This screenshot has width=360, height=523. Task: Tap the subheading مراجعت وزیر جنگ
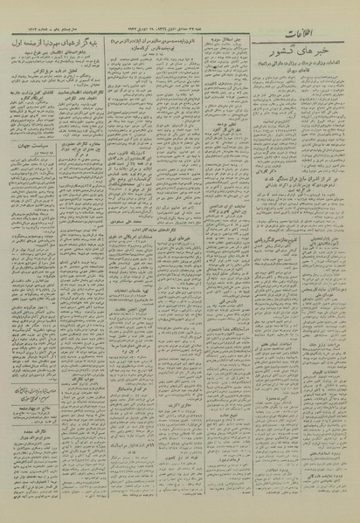(334, 393)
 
